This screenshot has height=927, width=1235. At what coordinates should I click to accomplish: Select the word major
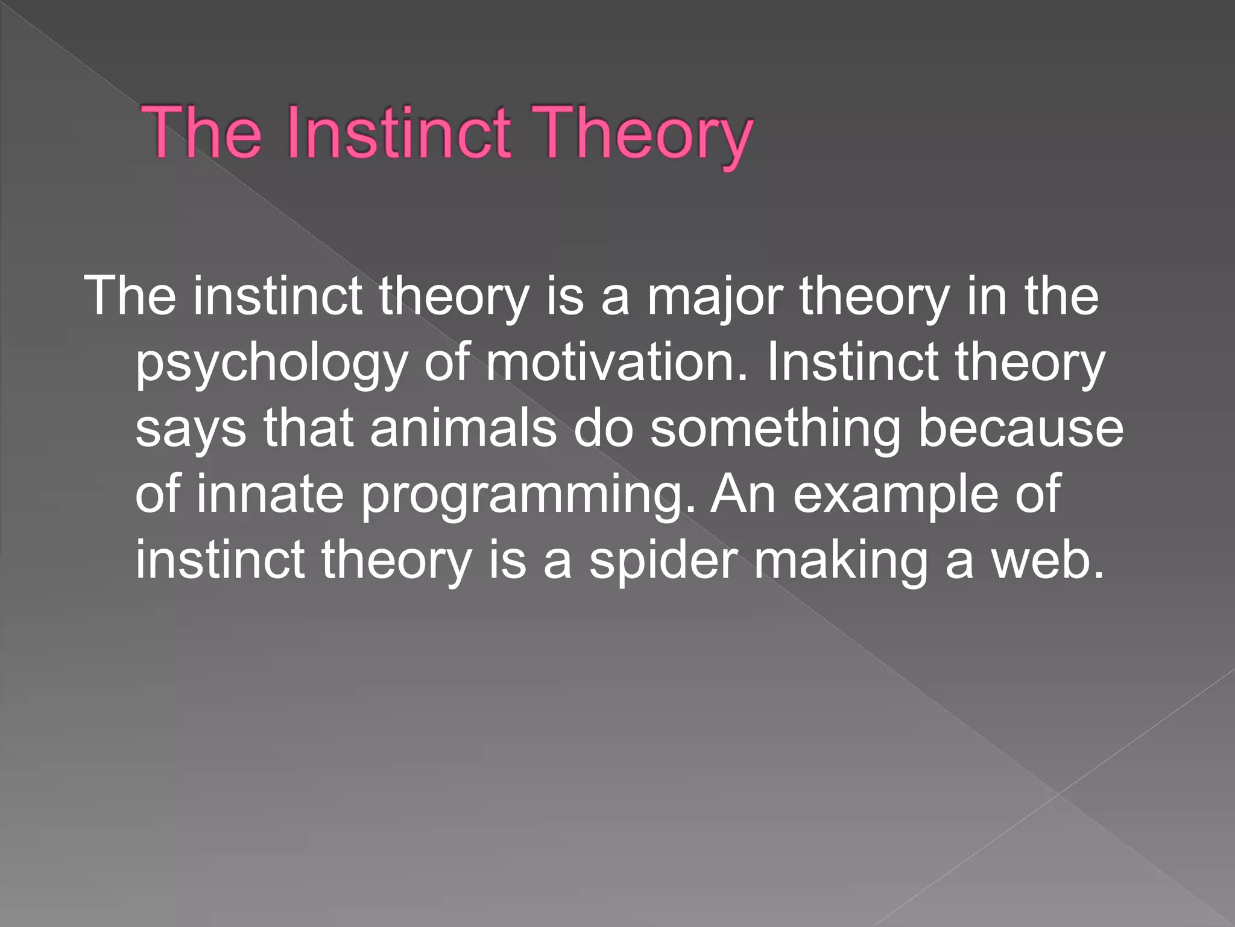(x=715, y=297)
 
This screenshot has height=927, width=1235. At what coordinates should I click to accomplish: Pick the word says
(x=191, y=430)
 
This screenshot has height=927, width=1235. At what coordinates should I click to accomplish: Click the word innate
(x=270, y=494)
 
